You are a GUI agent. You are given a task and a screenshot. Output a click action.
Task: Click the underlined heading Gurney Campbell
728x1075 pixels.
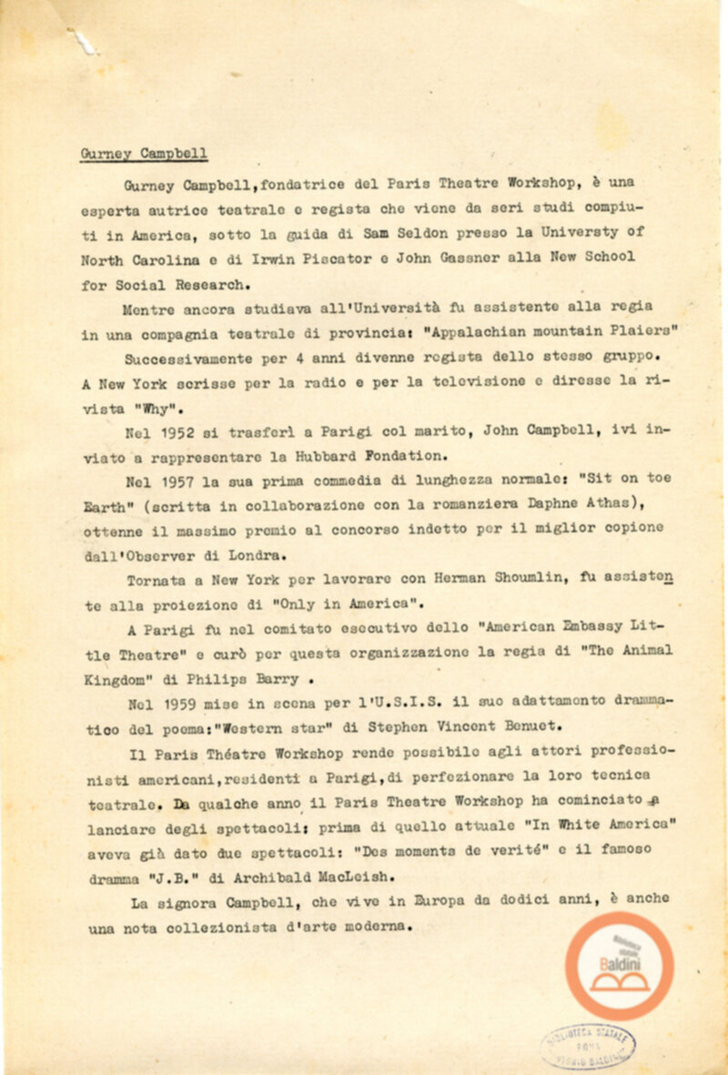144,154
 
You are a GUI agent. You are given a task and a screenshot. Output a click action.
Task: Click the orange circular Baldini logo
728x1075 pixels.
619,966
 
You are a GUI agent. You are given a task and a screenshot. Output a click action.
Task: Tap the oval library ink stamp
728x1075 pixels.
589,1045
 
